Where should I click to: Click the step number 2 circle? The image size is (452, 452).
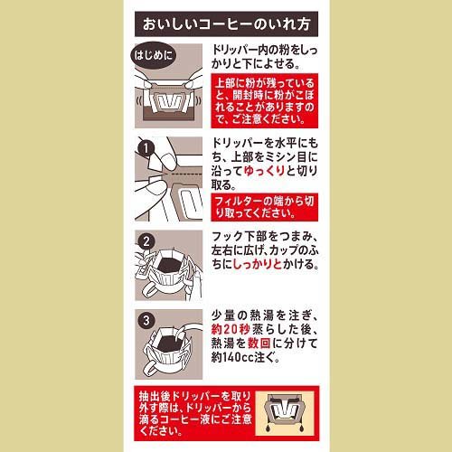(x=144, y=241)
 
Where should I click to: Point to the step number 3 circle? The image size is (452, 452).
(x=144, y=318)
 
